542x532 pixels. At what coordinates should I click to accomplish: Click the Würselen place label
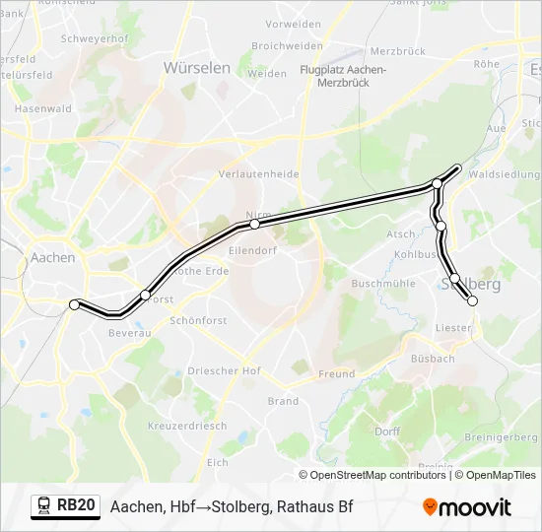click(x=196, y=68)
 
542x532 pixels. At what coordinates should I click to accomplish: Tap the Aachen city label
click(x=53, y=257)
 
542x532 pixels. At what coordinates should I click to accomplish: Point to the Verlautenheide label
click(x=258, y=174)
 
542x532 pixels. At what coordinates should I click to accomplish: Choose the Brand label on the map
click(x=283, y=401)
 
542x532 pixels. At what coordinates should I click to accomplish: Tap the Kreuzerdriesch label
click(x=186, y=426)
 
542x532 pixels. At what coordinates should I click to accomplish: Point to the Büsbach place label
click(x=435, y=359)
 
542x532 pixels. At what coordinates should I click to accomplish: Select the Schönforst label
click(x=198, y=320)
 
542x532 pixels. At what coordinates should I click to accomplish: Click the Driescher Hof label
click(x=224, y=371)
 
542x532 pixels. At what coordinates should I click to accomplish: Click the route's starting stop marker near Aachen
click(x=74, y=305)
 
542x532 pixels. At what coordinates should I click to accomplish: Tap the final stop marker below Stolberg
click(x=472, y=301)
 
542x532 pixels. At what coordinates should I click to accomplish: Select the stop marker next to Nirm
click(x=254, y=225)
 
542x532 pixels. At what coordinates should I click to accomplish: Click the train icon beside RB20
click(x=43, y=506)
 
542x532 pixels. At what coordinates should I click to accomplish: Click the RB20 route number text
click(x=76, y=506)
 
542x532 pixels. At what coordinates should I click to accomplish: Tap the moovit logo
click(x=467, y=507)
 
